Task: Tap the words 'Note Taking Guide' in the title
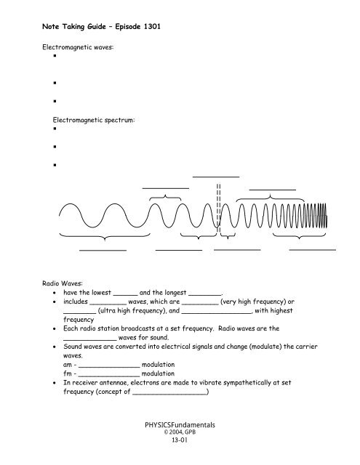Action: click(x=67, y=27)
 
